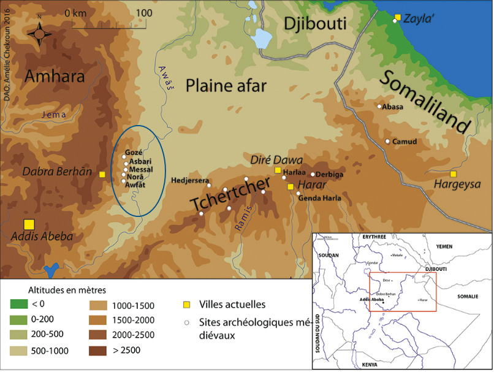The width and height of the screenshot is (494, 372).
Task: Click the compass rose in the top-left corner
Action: [39, 34]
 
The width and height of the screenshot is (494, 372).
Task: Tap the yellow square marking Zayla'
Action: [398, 17]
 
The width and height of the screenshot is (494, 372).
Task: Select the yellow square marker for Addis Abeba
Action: [29, 224]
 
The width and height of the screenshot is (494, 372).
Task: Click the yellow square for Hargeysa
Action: [453, 174]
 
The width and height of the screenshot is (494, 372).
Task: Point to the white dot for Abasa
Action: [379, 107]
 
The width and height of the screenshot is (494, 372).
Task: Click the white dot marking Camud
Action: [387, 142]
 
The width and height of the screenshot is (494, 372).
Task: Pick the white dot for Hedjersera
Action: [209, 185]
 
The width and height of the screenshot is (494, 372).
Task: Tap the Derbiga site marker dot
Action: [313, 174]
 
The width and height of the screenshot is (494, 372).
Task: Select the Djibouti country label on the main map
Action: [315, 24]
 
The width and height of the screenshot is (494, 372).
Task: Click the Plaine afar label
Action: [226, 86]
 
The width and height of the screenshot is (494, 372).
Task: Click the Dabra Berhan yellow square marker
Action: [102, 175]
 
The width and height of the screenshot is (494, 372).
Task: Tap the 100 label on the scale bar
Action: [144, 13]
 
